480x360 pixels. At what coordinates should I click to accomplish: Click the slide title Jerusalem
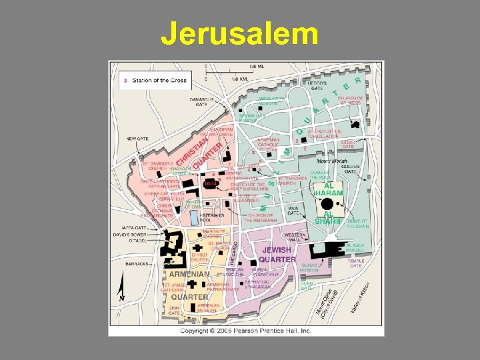tap(239, 34)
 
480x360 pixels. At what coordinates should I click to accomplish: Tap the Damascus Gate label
tap(201, 101)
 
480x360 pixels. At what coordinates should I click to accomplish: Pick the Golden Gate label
tap(350, 169)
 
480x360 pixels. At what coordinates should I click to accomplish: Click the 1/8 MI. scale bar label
tap(255, 67)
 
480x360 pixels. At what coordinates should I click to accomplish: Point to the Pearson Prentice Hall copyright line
tap(246, 330)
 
